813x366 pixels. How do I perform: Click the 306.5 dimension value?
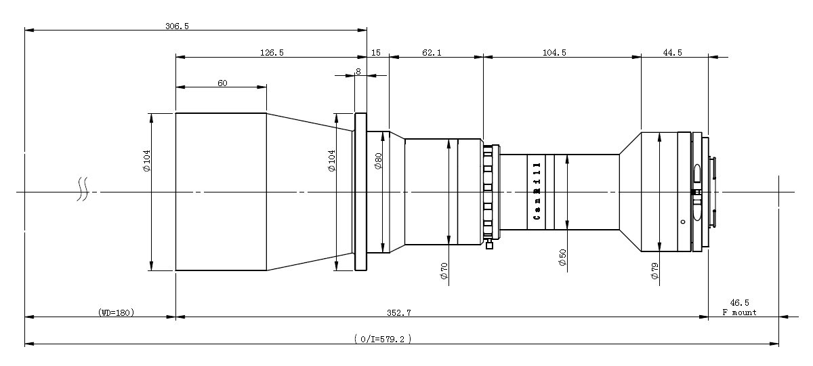tap(177, 26)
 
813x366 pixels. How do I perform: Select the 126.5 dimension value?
tap(272, 53)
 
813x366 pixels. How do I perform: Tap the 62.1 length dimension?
tap(432, 53)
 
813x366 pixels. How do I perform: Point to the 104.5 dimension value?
tap(554, 53)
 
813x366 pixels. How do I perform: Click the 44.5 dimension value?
tap(673, 53)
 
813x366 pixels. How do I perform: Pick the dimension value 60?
tap(222, 83)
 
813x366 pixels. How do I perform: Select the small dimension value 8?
tap(358, 72)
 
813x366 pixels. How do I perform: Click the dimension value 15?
tap(376, 53)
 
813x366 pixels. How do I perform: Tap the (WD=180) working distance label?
tap(116, 312)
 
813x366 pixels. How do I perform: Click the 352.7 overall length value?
tap(399, 312)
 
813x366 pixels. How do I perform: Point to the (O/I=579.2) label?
tap(383, 339)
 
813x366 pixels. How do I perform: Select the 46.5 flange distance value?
tap(739, 302)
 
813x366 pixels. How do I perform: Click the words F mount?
tap(739, 312)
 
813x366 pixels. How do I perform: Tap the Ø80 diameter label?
tap(378, 161)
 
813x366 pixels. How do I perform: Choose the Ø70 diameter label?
tap(444, 271)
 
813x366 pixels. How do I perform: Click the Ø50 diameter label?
tap(562, 257)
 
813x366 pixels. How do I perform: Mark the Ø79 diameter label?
tap(654, 271)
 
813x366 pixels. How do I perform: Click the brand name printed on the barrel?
tap(537, 191)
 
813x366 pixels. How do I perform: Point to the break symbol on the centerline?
tap(83, 189)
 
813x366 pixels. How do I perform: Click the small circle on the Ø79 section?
tap(683, 222)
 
